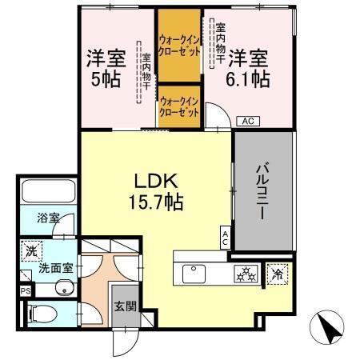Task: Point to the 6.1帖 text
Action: pyautogui.click(x=248, y=78)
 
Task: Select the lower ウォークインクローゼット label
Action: pyautogui.click(x=178, y=106)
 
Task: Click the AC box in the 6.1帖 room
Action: pyautogui.click(x=248, y=122)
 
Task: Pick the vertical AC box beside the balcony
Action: pyautogui.click(x=226, y=237)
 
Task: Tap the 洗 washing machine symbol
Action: pyautogui.click(x=30, y=250)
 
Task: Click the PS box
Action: pyautogui.click(x=25, y=291)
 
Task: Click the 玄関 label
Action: pyautogui.click(x=123, y=306)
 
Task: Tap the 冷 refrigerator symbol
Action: pyautogui.click(x=278, y=273)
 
